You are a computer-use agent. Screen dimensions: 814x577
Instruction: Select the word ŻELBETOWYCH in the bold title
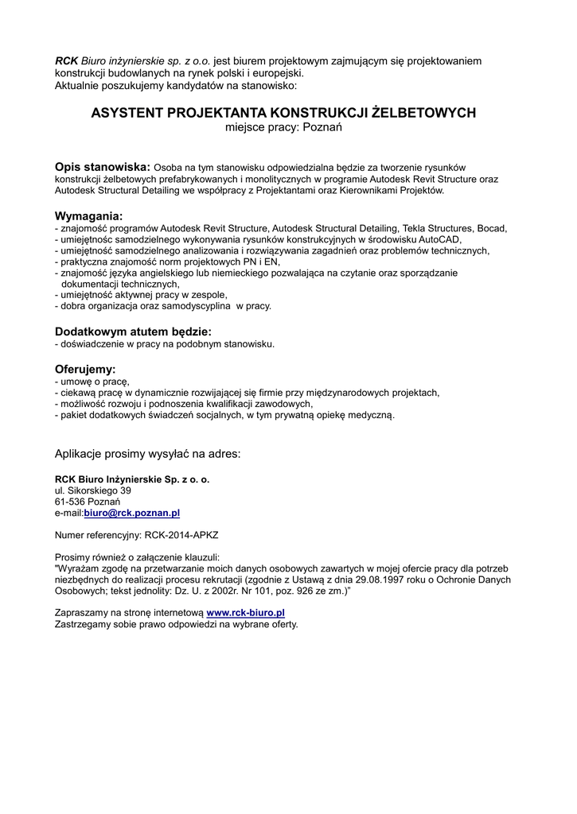pyautogui.click(x=424, y=113)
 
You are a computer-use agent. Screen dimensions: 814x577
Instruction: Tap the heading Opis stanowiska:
pyautogui.click(x=102, y=167)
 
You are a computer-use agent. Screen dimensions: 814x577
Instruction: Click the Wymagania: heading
pyautogui.click(x=88, y=216)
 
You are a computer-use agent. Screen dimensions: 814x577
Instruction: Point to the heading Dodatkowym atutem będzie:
pyautogui.click(x=133, y=331)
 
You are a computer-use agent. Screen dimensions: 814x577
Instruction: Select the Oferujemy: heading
pyautogui.click(x=85, y=370)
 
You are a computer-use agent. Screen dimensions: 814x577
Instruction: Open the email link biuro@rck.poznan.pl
pyautogui.click(x=132, y=514)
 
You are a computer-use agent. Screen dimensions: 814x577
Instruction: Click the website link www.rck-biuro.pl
pyautogui.click(x=245, y=613)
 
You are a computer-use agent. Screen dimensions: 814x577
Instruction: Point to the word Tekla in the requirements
pyautogui.click(x=416, y=228)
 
